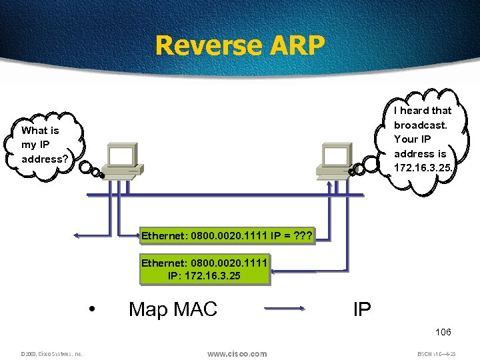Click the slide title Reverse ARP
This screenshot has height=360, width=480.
pos(240,45)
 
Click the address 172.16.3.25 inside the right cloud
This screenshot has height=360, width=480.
pos(422,167)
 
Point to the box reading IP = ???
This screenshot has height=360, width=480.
pos(225,235)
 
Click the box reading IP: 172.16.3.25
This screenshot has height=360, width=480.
pos(204,269)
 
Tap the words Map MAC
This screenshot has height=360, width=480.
pos(173,309)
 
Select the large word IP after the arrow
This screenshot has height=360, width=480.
pos(361,309)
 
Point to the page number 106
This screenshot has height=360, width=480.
pos(443,332)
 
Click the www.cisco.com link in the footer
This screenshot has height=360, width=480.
pos(237,353)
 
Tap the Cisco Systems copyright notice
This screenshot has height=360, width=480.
pos(51,354)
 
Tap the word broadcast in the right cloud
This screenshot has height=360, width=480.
pos(420,125)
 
